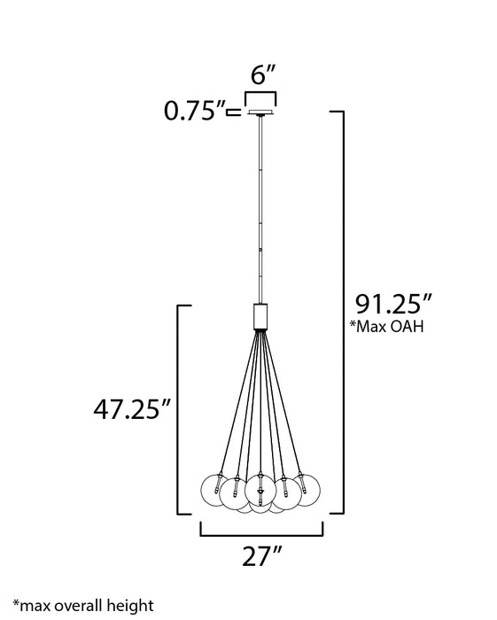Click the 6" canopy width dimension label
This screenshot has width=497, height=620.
261,76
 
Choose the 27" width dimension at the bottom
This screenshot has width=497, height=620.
261,559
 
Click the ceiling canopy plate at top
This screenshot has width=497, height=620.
260,112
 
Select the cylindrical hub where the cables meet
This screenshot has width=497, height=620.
260,315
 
